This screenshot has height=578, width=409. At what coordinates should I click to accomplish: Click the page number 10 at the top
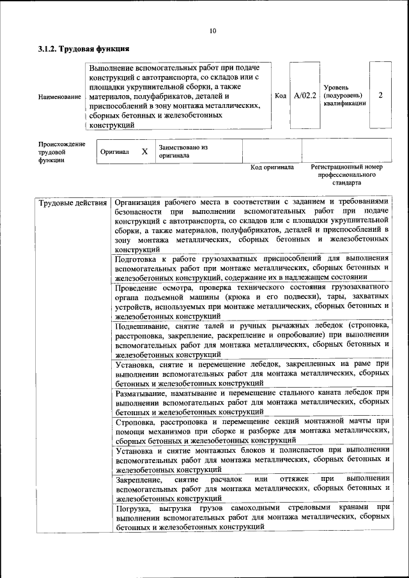pyautogui.click(x=212, y=30)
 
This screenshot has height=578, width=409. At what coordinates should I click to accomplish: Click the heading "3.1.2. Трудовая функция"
pyautogui.click(x=84, y=48)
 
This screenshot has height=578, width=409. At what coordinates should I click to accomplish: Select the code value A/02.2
pyautogui.click(x=305, y=96)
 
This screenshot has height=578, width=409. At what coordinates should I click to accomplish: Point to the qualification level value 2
pyautogui.click(x=381, y=95)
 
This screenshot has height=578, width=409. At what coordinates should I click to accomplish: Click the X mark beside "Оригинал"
pyautogui.click(x=144, y=152)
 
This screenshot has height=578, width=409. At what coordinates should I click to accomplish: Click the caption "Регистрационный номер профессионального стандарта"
pyautogui.click(x=346, y=174)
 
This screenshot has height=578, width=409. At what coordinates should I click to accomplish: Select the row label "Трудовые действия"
pyautogui.click(x=73, y=204)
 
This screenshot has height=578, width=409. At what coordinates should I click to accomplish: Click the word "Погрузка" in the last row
pyautogui.click(x=134, y=508)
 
